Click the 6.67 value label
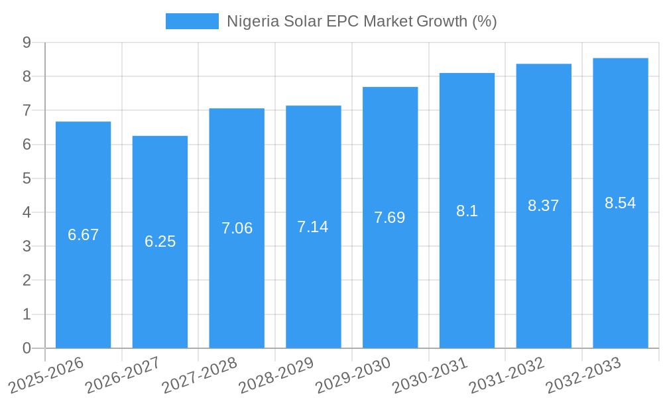pos(83,235)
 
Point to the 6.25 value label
pos(160,241)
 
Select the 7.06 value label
pos(237,228)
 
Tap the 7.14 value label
pos(313,227)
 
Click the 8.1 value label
pos(467,211)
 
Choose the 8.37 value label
pos(544,206)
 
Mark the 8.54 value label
pos(621,203)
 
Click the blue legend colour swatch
pos(192,21)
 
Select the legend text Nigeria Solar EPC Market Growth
pos(361,21)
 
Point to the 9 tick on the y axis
pos(27,42)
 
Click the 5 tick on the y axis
pos(27,178)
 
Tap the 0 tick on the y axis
pos(27,348)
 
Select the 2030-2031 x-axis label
pos(430,375)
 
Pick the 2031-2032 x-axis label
pos(507,375)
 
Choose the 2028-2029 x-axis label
pos(276,375)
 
